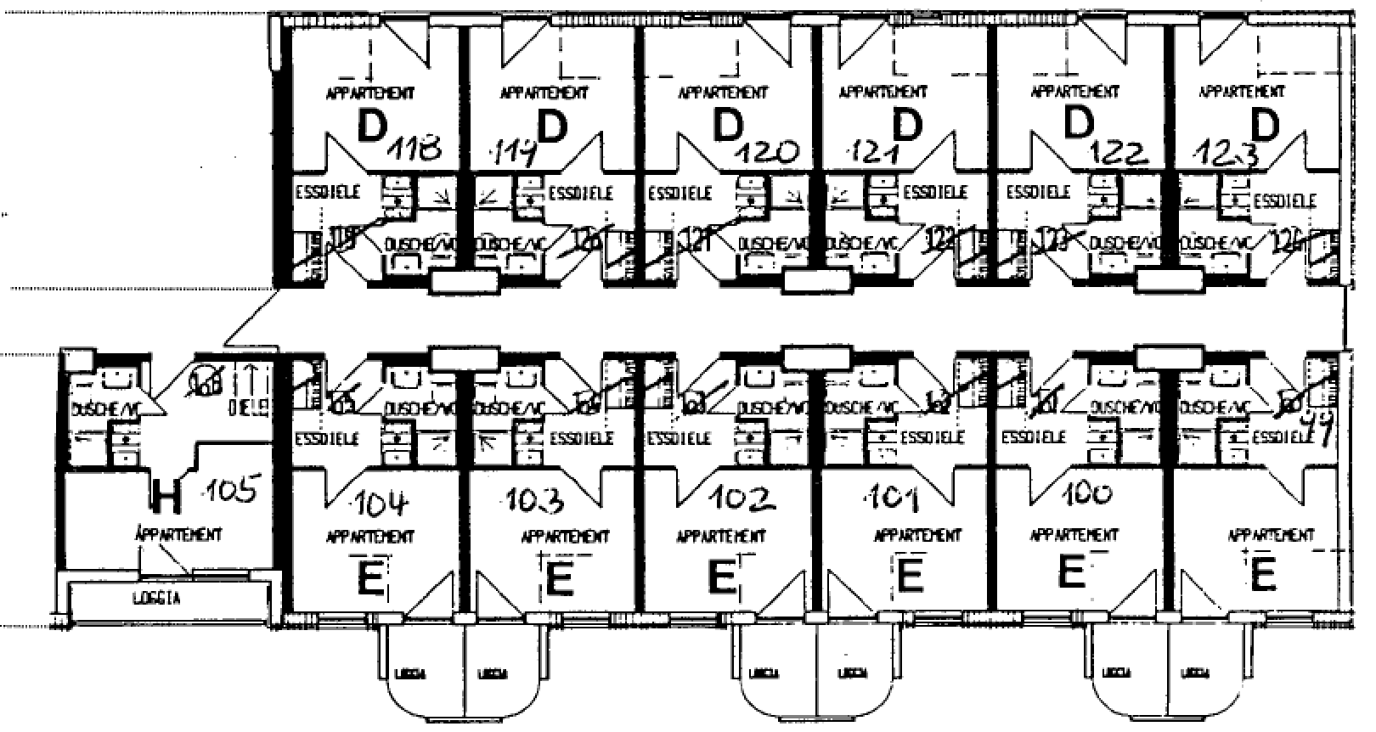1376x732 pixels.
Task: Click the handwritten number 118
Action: [415, 151]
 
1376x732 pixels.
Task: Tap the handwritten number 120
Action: [769, 153]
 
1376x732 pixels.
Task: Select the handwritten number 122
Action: [1121, 153]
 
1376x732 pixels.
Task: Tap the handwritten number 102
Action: [744, 498]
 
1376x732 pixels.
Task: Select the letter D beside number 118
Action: [371, 127]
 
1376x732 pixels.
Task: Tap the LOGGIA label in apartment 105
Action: [156, 598]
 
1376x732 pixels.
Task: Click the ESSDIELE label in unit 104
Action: [327, 438]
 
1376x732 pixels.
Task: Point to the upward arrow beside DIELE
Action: [251, 376]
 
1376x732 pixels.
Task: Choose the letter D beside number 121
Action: [908, 127]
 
